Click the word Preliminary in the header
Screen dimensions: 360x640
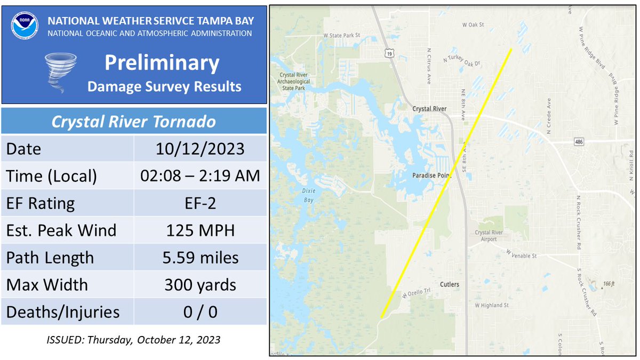click(x=162, y=63)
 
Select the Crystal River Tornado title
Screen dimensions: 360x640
click(x=133, y=122)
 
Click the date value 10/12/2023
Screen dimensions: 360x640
click(x=200, y=149)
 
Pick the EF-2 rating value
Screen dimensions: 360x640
click(x=200, y=203)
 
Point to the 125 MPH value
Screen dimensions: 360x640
click(x=200, y=230)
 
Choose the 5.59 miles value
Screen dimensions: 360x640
click(x=200, y=258)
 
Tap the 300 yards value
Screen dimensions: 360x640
click(x=200, y=285)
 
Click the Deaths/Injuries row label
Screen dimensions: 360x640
click(x=62, y=312)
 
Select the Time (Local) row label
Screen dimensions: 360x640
click(x=51, y=176)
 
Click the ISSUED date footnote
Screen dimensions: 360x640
click(x=133, y=339)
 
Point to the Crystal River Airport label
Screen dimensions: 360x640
click(x=490, y=236)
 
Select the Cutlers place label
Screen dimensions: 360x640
click(x=450, y=284)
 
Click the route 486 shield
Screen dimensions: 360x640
click(x=579, y=142)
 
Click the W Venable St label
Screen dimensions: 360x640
click(x=521, y=255)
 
